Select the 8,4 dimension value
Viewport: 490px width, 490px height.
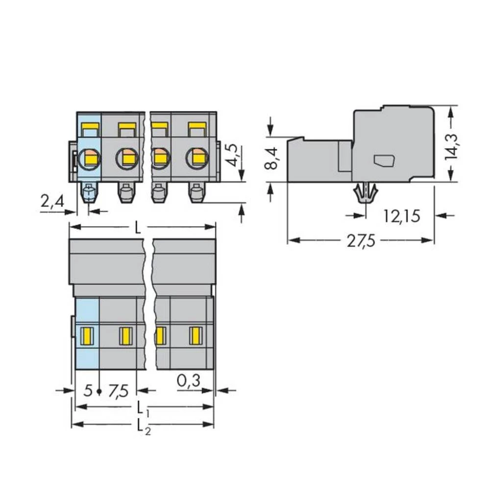tap(270, 158)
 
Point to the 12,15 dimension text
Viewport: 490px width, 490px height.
tap(401, 216)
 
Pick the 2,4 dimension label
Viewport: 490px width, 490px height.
tap(52, 201)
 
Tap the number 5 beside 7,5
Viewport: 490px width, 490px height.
tap(88, 391)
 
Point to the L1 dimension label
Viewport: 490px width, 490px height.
tap(142, 407)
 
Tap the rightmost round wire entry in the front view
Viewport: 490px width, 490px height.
tap(196, 157)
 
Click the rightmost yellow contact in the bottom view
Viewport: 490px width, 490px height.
tap(196, 336)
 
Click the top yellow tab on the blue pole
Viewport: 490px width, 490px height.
tap(91, 129)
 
